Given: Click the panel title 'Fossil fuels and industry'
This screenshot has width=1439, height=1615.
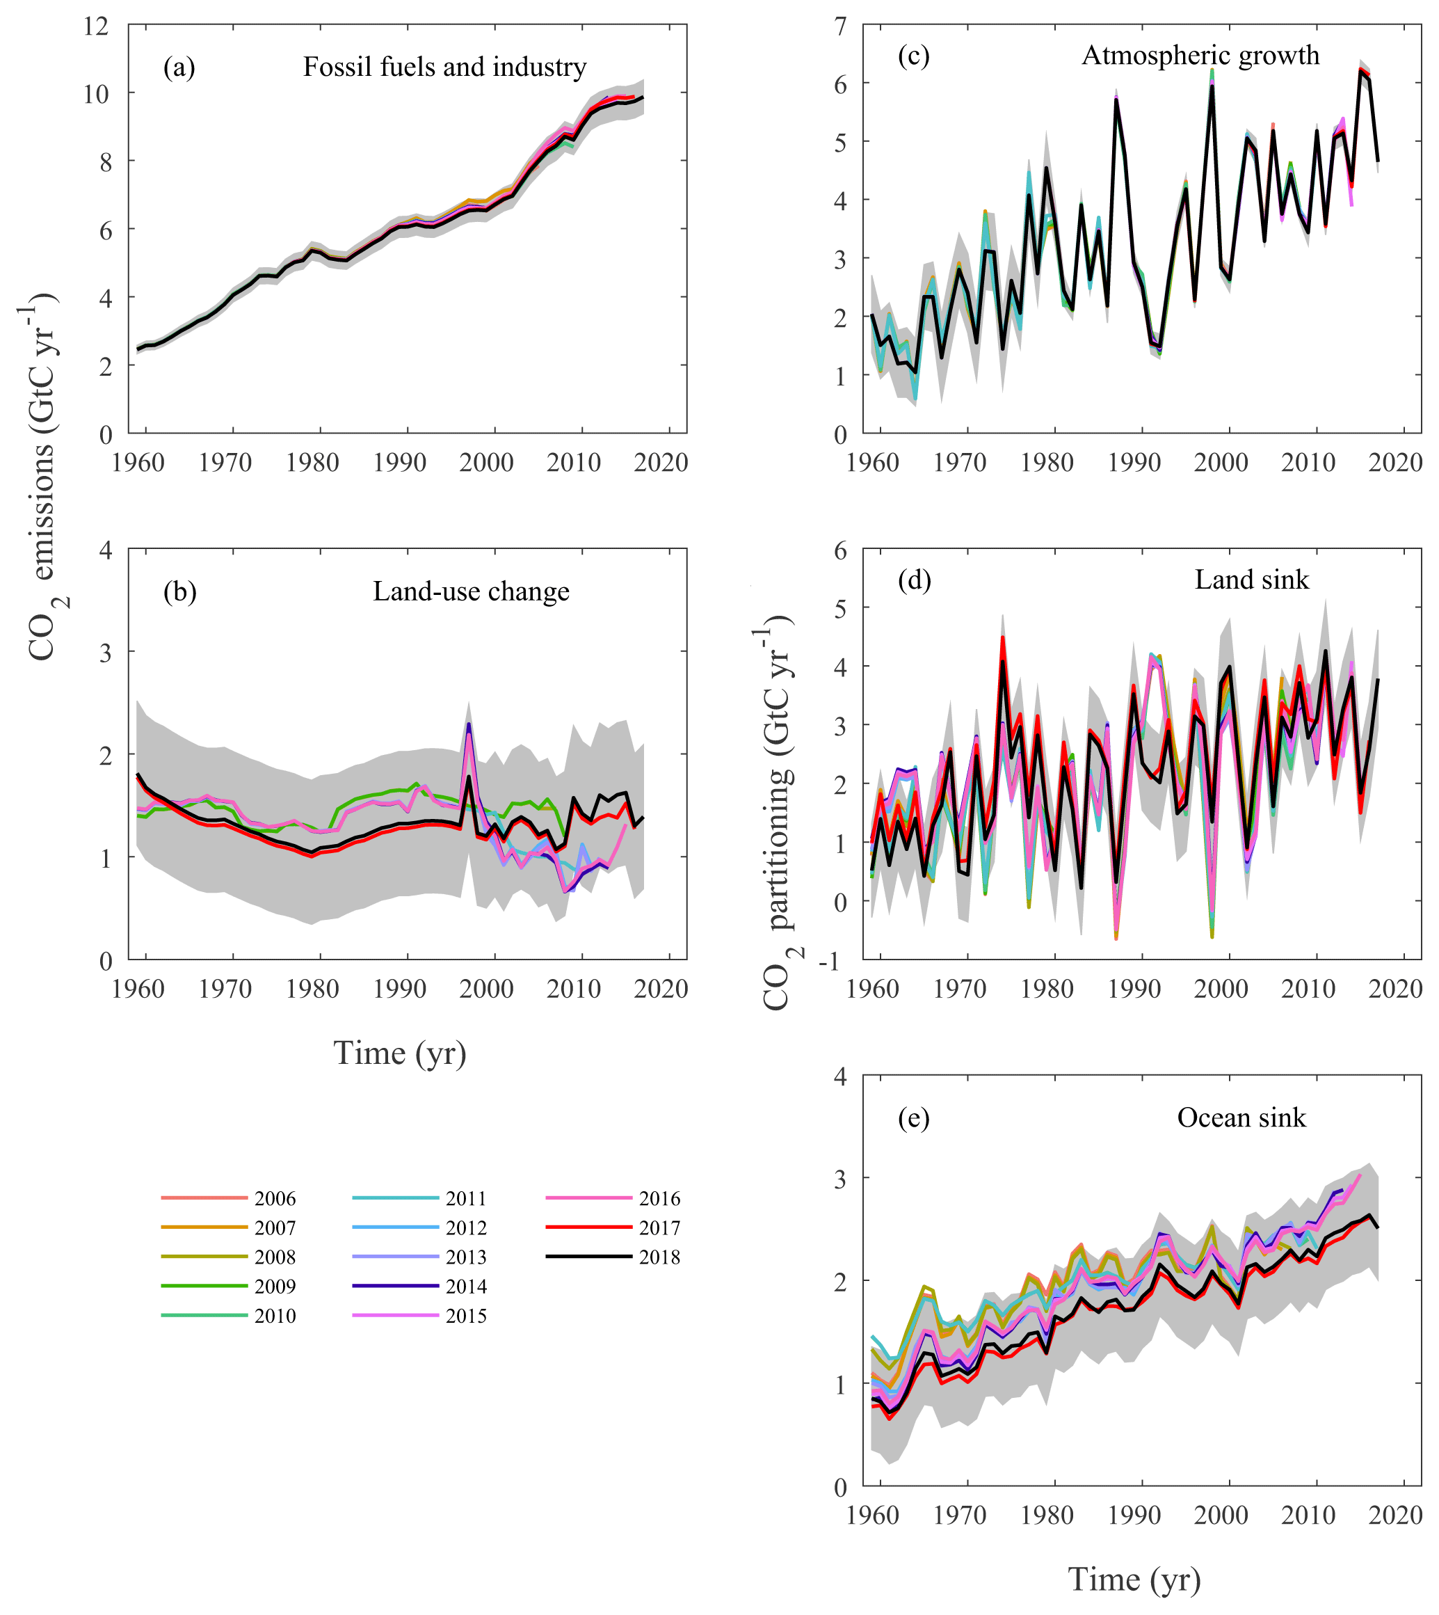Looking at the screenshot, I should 444,67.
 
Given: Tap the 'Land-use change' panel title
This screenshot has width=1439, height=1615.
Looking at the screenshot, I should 472,591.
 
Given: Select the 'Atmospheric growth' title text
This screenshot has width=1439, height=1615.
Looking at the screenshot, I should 1200,56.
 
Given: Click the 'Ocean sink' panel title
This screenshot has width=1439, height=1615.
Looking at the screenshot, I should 1241,1117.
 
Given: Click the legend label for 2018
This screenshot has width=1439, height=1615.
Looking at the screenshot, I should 659,1257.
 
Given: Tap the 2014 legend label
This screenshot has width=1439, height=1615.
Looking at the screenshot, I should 466,1287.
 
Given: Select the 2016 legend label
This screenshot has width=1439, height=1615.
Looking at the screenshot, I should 659,1199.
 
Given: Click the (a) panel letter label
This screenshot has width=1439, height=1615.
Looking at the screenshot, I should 179,67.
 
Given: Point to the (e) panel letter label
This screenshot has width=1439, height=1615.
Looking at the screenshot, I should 914,1118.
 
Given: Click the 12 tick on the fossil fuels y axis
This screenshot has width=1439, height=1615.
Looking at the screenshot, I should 96,26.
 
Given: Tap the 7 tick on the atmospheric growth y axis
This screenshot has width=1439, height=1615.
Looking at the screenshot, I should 839,27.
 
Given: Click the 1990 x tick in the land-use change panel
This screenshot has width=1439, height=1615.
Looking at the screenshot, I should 399,989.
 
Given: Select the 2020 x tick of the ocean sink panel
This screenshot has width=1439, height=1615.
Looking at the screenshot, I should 1394,1516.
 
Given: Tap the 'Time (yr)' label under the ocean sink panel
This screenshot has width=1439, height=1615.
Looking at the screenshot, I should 1134,1580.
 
